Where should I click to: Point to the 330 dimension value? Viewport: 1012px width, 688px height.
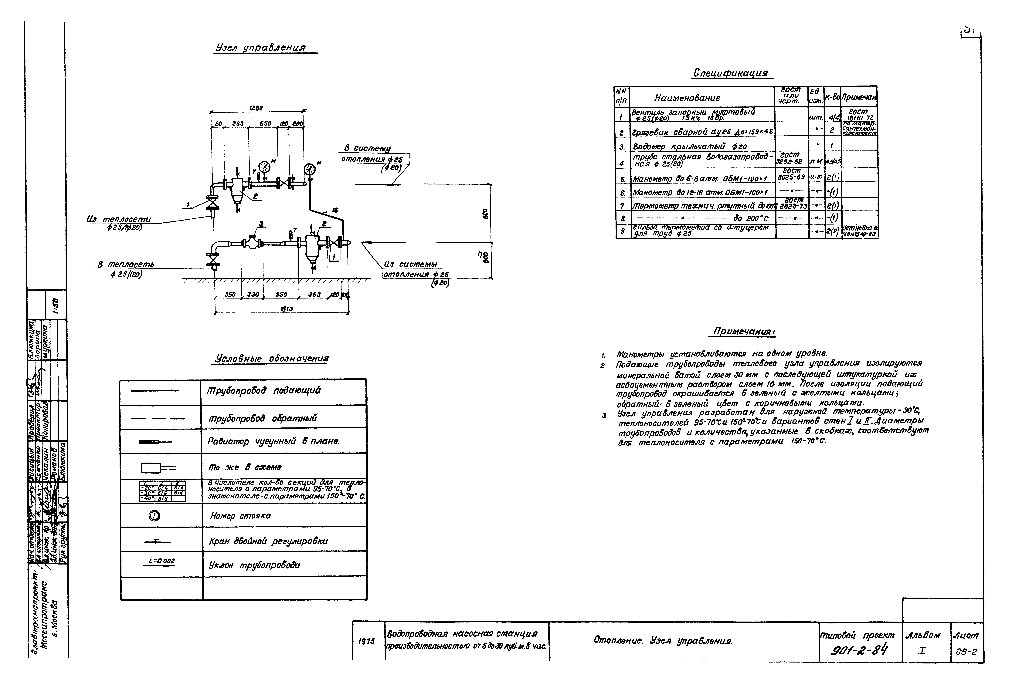[x=253, y=294]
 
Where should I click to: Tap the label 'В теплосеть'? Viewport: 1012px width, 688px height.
[x=125, y=264]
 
